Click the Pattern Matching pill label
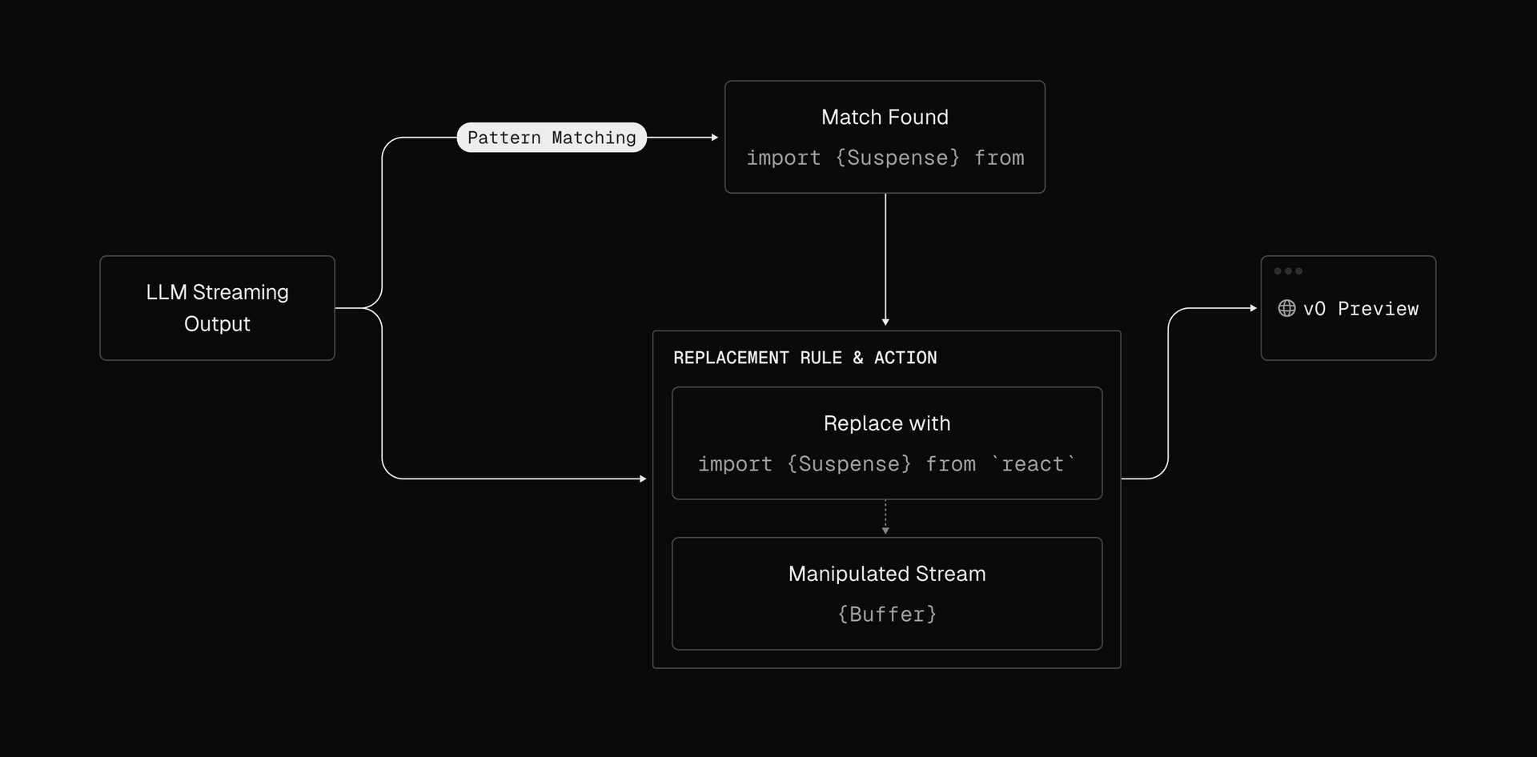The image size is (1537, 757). (x=552, y=138)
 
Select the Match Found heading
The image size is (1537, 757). (x=885, y=118)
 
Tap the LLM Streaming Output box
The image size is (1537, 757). (x=217, y=308)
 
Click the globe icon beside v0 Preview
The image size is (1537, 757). (x=1286, y=308)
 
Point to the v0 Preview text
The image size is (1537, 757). (x=1361, y=309)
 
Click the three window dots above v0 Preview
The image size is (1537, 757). (x=1288, y=271)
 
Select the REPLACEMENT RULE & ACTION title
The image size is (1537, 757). (x=805, y=358)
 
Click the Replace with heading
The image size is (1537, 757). (x=887, y=423)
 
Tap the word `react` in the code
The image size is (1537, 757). (x=1033, y=463)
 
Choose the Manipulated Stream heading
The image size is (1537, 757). (x=887, y=574)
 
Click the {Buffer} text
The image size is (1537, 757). (x=887, y=614)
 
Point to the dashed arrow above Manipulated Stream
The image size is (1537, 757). (x=885, y=517)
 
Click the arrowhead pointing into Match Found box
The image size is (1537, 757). (x=715, y=138)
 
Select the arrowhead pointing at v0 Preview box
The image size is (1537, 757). (x=1254, y=308)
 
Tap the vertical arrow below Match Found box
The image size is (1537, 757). (x=885, y=259)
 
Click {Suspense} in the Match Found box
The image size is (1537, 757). (x=897, y=158)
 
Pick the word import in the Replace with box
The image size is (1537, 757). (x=735, y=464)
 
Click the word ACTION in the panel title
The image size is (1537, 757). (x=905, y=358)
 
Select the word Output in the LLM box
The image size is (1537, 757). (x=217, y=324)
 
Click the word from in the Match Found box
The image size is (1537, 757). (x=999, y=158)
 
